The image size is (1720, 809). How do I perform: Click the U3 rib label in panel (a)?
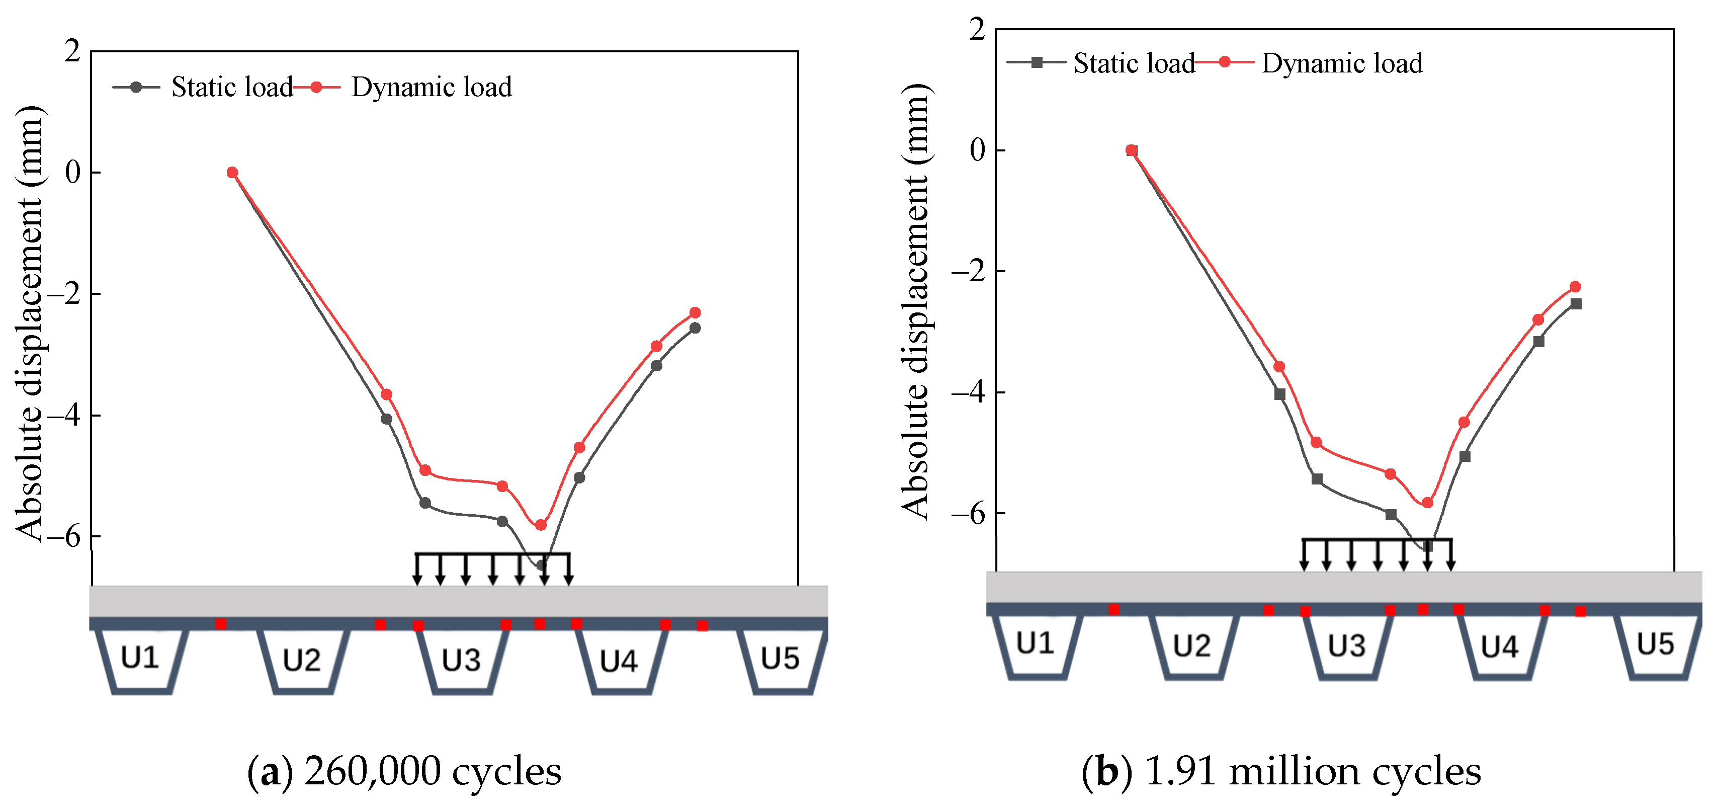pyautogui.click(x=461, y=660)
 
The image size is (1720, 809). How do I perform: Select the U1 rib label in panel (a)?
pyautogui.click(x=140, y=658)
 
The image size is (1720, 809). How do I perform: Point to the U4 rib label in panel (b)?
pyautogui.click(x=1500, y=646)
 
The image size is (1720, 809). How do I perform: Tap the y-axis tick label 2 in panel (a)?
pyautogui.click(x=72, y=51)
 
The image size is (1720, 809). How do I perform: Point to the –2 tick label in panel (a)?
pyautogui.click(x=67, y=294)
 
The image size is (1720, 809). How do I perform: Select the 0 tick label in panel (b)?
pyautogui.click(x=978, y=150)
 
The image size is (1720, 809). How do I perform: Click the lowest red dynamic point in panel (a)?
pyautogui.click(x=541, y=525)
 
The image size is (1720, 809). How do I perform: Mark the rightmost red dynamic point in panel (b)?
pyautogui.click(x=1575, y=287)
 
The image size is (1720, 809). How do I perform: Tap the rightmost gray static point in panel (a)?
pyautogui.click(x=695, y=328)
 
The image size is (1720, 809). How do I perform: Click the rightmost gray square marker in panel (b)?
pyautogui.click(x=1576, y=304)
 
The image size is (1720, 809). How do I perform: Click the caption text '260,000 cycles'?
pyautogui.click(x=432, y=772)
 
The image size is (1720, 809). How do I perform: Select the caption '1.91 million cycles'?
pyautogui.click(x=1313, y=772)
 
